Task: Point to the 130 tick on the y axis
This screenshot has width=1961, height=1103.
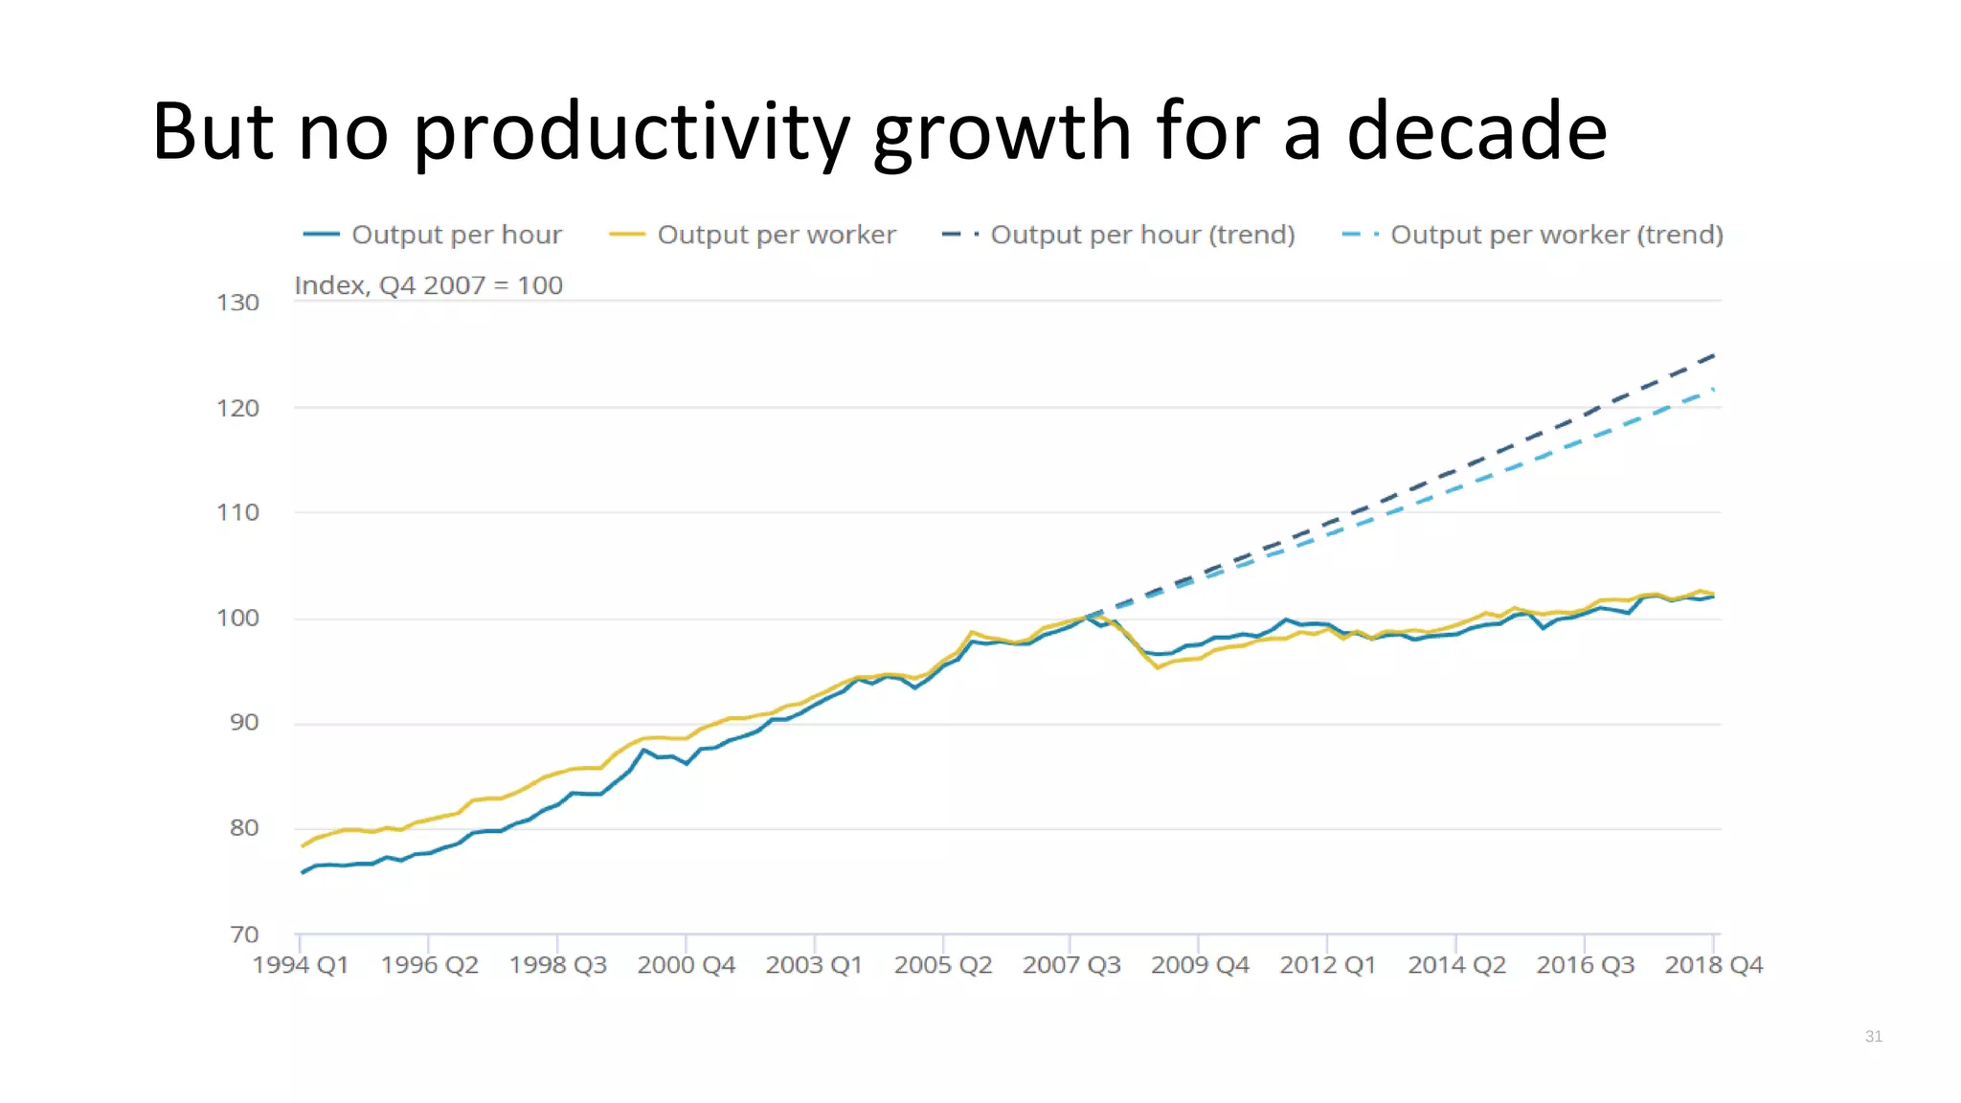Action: click(237, 303)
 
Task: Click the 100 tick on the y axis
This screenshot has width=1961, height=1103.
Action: click(237, 619)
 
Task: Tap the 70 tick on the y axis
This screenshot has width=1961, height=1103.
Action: click(244, 934)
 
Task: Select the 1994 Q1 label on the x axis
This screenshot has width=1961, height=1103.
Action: click(301, 965)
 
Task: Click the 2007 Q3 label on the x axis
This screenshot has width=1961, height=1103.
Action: click(1071, 965)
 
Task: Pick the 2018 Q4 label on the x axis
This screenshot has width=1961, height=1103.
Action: click(1713, 965)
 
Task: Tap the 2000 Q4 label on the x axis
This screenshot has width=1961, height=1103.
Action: click(686, 965)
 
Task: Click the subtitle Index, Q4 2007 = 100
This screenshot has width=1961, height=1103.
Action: click(428, 285)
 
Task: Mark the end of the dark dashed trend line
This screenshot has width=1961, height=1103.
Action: click(1714, 355)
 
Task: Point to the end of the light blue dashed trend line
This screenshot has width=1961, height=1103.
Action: click(1713, 390)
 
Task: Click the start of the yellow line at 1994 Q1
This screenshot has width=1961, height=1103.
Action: click(303, 845)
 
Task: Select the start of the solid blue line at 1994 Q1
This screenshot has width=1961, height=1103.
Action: click(303, 872)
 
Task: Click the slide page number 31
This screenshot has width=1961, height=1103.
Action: click(1874, 1036)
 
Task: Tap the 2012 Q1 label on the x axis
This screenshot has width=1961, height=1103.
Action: click(1327, 965)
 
